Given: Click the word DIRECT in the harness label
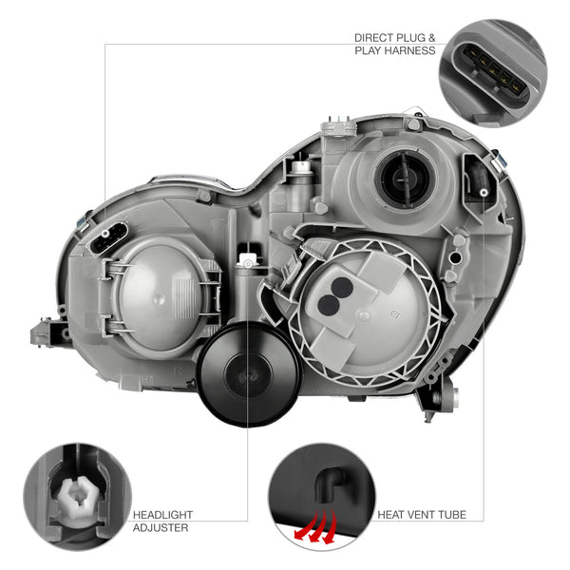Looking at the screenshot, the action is [x=374, y=38].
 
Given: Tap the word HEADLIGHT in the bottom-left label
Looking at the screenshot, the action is [x=162, y=515].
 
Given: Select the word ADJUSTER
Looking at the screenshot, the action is [x=161, y=528].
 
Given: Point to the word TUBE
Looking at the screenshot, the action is [x=452, y=515].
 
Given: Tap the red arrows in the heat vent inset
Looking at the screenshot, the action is [x=315, y=525].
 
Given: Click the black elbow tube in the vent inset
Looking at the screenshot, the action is [x=329, y=484].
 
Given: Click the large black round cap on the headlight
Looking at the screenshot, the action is [x=248, y=374].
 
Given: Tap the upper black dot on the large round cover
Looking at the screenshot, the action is [x=342, y=288].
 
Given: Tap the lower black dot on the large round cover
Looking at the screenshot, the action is [x=329, y=305].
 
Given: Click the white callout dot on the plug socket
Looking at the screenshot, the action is [x=105, y=233].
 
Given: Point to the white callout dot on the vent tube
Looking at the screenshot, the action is [x=484, y=192].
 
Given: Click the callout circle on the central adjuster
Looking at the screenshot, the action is [x=248, y=263].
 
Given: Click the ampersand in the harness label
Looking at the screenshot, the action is [x=431, y=38].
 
